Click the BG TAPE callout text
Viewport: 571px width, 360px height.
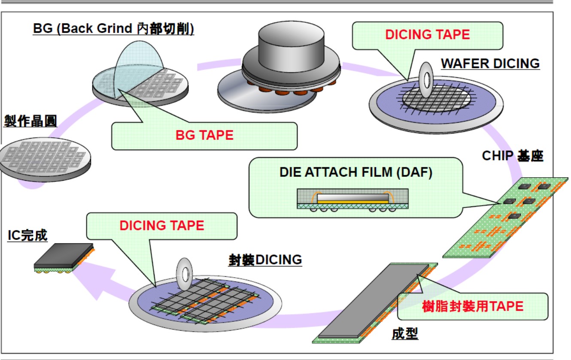click(204, 135)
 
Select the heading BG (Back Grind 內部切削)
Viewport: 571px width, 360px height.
click(114, 29)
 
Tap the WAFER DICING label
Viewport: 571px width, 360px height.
click(490, 64)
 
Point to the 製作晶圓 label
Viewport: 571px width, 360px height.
click(30, 121)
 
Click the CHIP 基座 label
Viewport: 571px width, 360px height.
click(513, 155)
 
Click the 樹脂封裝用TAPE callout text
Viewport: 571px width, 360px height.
click(473, 306)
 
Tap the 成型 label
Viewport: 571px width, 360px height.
click(404, 334)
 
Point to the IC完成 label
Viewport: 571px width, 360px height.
click(27, 235)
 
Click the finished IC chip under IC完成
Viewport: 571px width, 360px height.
click(64, 258)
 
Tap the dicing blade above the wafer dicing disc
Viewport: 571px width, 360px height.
click(426, 79)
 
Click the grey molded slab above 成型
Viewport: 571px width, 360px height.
click(371, 300)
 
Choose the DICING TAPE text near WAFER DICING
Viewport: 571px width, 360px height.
click(427, 35)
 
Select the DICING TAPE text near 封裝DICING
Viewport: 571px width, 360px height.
click(161, 225)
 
